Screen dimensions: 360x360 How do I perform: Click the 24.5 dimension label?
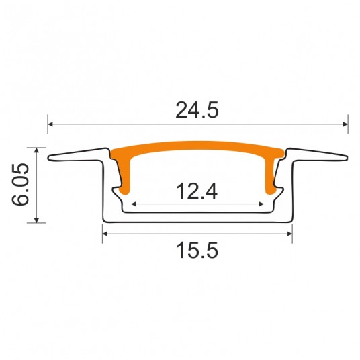(x=197, y=110)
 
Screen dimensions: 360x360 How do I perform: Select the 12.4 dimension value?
(x=197, y=191)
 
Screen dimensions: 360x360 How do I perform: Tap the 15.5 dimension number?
(x=197, y=251)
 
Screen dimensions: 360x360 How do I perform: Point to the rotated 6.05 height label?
(x=20, y=184)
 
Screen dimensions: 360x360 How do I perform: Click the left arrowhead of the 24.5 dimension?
(x=51, y=124)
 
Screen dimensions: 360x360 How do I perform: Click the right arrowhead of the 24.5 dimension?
(x=345, y=124)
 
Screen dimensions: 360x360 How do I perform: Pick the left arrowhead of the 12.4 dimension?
(x=134, y=204)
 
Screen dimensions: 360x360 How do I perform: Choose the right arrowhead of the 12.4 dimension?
(x=261, y=204)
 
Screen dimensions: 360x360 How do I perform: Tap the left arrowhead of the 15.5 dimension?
(x=105, y=234)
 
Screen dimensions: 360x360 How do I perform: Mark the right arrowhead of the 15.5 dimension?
(x=289, y=234)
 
